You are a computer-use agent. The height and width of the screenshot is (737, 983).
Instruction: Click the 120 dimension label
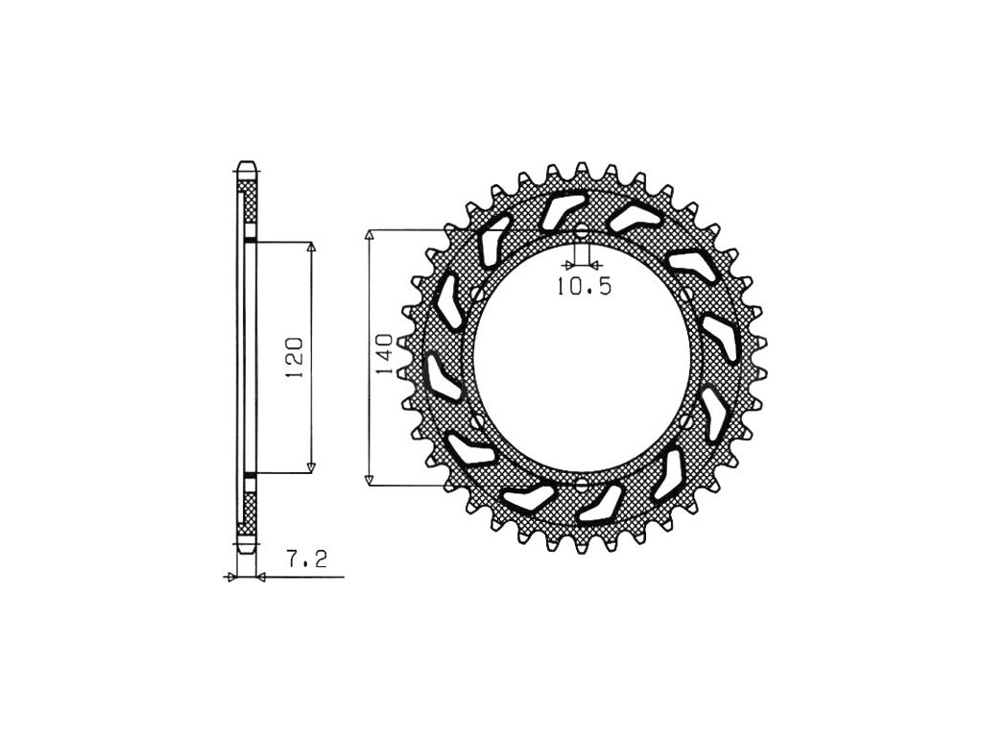[x=296, y=357]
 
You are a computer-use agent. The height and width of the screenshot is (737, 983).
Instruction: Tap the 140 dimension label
[x=384, y=354]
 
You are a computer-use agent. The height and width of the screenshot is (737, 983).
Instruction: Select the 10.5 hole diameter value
[x=584, y=286]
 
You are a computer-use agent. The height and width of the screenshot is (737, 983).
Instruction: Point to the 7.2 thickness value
[x=306, y=559]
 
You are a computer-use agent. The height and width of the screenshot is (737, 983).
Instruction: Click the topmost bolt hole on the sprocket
[x=582, y=230]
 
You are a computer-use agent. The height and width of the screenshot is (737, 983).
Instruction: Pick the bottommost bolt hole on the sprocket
[x=582, y=484]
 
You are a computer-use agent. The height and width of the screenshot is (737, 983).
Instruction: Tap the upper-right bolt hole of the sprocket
[x=687, y=294]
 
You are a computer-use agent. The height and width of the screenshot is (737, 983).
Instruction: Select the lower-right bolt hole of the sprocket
[x=687, y=421]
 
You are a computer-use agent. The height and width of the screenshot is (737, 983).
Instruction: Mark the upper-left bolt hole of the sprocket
[x=477, y=294]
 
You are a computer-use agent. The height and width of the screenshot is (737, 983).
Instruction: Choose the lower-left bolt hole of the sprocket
[x=477, y=421]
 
